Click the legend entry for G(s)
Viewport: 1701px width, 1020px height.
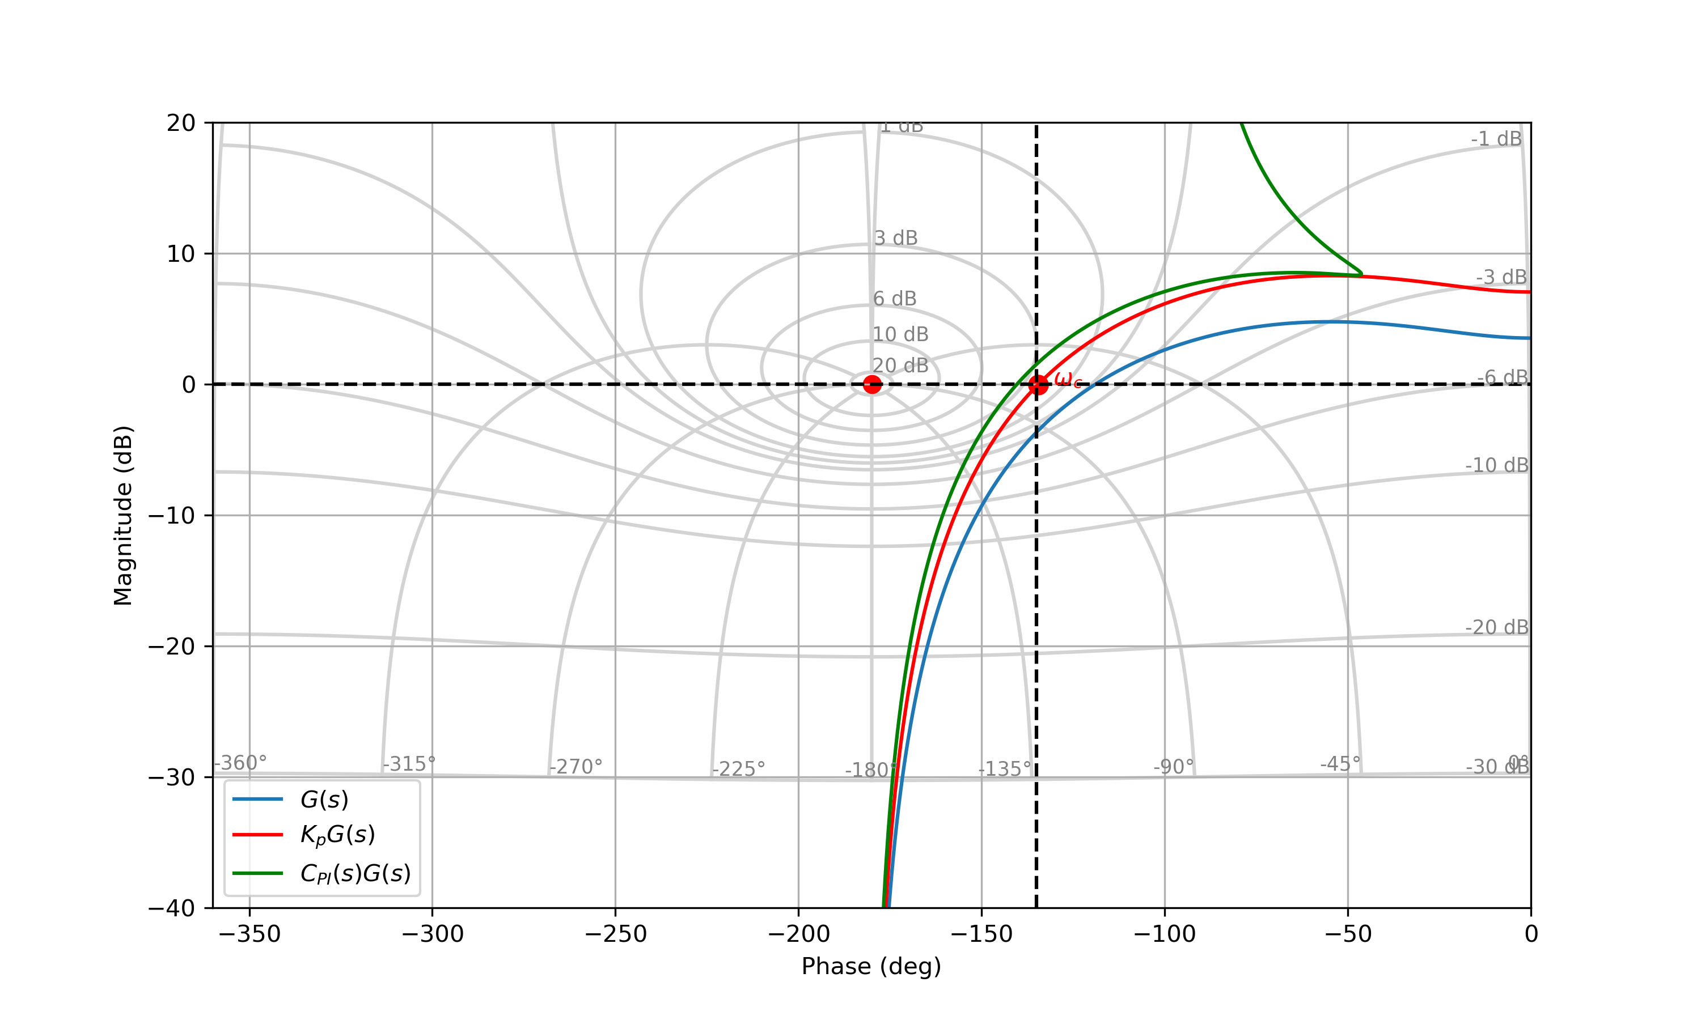[324, 800]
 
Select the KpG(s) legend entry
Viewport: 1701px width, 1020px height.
[337, 835]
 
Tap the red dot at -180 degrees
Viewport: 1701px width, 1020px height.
[872, 384]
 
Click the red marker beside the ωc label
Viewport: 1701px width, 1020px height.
[1038, 385]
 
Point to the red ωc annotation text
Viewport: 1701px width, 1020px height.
[1068, 380]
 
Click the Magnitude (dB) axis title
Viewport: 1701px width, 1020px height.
[123, 516]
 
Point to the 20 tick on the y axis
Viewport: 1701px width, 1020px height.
[181, 123]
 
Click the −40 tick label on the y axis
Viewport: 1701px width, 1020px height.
[172, 908]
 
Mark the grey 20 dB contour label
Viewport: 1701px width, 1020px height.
[900, 365]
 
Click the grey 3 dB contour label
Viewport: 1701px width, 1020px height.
[896, 238]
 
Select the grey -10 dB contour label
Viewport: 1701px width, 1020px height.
[1497, 465]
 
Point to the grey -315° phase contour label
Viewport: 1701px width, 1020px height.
[409, 764]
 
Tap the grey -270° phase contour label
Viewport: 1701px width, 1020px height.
[576, 766]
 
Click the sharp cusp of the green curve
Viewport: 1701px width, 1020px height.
[1361, 274]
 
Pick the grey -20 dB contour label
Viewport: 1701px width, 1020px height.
[1497, 627]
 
